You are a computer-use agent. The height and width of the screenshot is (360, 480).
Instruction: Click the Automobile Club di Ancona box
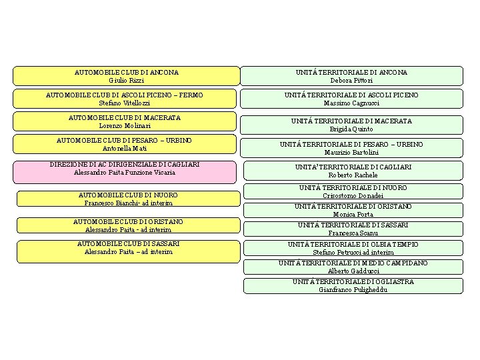coord(127,75)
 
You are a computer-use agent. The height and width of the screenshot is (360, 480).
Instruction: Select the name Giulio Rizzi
coord(127,80)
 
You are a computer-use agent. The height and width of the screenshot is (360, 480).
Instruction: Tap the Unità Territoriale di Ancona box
coord(352,75)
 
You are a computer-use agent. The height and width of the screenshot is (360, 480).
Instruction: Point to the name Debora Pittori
coord(352,81)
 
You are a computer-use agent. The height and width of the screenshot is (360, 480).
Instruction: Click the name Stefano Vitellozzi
coord(125,103)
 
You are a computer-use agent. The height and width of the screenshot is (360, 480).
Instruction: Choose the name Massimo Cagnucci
coord(352,103)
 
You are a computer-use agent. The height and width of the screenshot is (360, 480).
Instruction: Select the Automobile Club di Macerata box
coord(125,121)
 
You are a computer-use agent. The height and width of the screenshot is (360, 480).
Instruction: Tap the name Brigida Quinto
coord(352,129)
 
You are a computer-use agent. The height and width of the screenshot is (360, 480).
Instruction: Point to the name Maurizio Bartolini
coord(352,153)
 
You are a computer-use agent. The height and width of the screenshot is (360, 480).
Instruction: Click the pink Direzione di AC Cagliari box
coord(125,172)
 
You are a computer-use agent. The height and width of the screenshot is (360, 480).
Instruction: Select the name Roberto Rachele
coord(353,175)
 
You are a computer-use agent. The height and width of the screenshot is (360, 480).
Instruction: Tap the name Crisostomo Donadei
coord(353,196)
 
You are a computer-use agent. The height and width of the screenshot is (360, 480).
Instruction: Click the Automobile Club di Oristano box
coord(128,225)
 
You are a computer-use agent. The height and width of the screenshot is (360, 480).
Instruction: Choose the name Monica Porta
coord(353,214)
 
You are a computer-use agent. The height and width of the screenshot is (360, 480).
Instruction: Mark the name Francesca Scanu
coord(353,233)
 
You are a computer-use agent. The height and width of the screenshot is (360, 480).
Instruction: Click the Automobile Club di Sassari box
coord(128,251)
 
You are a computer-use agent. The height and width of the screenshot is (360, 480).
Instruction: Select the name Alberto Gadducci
coord(353,271)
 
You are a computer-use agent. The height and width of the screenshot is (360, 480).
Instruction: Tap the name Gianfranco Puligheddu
coord(353,290)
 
